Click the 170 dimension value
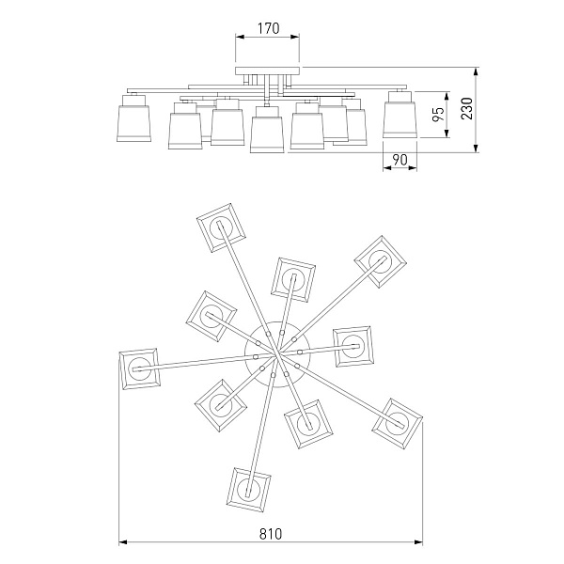[x=268, y=28]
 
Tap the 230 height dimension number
[x=467, y=108]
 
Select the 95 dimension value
[x=438, y=114]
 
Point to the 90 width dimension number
[x=399, y=160]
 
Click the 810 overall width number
[x=271, y=534]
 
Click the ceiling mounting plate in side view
[x=267, y=70]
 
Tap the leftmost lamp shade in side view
[x=133, y=118]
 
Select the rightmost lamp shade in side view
[x=399, y=115]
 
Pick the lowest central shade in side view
[x=267, y=130]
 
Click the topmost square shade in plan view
[x=221, y=227]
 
